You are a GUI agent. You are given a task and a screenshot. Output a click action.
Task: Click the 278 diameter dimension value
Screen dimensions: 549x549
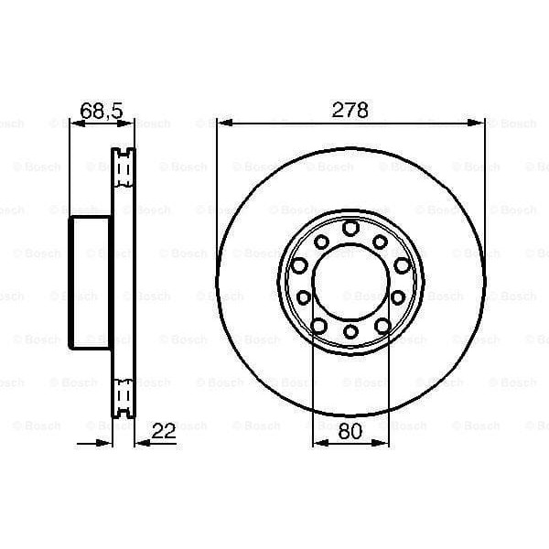pos(350,111)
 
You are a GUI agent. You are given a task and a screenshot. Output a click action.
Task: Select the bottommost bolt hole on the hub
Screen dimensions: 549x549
pos(350,330)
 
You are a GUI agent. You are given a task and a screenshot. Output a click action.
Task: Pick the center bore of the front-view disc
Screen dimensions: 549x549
pos(350,280)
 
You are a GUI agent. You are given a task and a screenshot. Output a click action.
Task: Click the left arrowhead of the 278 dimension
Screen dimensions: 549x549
pos(222,122)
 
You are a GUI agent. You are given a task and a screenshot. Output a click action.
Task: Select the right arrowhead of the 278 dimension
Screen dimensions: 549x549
pos(479,122)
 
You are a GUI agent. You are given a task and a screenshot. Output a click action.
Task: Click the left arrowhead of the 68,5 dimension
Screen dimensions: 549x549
pos(75,122)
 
